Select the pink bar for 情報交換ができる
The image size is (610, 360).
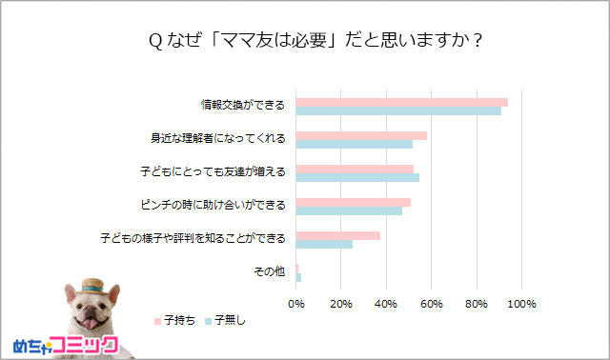click(x=401, y=102)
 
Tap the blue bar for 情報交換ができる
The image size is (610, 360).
click(x=398, y=111)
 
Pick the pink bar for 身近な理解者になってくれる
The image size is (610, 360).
click(x=361, y=135)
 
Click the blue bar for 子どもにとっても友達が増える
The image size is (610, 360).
click(x=357, y=177)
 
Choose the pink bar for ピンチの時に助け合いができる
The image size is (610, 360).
click(x=354, y=202)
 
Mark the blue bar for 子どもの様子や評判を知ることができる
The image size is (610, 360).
click(x=324, y=244)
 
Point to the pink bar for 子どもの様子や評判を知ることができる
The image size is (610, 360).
click(x=338, y=235)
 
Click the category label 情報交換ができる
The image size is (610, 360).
click(x=242, y=106)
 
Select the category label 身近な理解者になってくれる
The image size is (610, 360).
click(x=218, y=139)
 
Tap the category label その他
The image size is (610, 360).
click(x=269, y=272)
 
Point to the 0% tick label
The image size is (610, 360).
click(x=296, y=304)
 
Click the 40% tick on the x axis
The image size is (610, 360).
click(x=386, y=304)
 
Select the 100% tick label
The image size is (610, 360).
click(x=521, y=304)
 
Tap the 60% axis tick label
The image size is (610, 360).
click(x=431, y=304)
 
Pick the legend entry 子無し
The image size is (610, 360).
click(x=230, y=320)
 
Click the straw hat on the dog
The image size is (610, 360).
click(x=92, y=287)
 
